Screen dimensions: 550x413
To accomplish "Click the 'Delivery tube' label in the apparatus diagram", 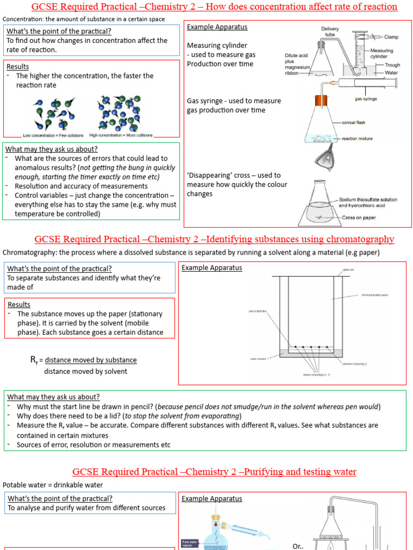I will (330, 31).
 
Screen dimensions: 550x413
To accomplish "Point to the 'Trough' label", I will (377, 64).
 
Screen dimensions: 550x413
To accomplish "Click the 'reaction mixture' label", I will (357, 139).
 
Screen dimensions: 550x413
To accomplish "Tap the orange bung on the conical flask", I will (322, 100).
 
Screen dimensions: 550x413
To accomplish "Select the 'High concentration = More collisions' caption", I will (121, 135).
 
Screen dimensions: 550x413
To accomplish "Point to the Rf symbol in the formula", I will (33, 360).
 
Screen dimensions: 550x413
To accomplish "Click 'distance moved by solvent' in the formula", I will (86, 371).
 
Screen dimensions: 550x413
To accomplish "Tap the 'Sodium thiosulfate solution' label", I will (368, 199).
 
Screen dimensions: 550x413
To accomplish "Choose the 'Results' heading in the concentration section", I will (18, 66).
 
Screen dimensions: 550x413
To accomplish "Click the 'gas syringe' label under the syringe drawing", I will (365, 99).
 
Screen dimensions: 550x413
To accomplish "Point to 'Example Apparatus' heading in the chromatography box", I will (212, 267).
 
